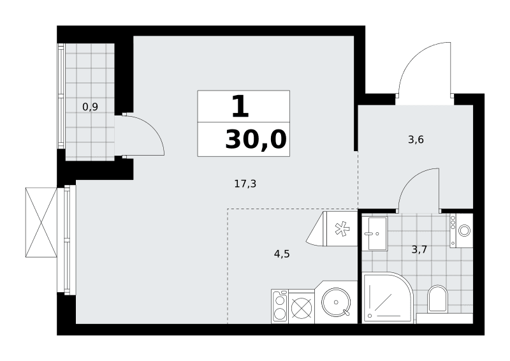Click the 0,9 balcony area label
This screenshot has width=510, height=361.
point(90,107)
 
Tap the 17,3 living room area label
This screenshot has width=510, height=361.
point(245,184)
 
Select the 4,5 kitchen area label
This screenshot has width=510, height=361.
point(282,254)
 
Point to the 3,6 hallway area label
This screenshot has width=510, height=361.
point(416,140)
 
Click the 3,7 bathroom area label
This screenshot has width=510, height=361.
point(419,249)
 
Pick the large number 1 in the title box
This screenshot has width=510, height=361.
point(240,106)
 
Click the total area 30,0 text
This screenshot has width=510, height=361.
point(256,139)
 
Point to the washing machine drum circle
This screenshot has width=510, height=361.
point(464,231)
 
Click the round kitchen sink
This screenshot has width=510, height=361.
point(336,302)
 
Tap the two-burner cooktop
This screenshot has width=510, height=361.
point(280,306)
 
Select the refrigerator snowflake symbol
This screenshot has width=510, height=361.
point(342,228)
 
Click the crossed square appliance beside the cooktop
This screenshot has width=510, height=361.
point(302,307)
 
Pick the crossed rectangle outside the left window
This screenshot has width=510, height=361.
point(41,223)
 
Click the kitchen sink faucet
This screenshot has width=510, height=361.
point(346,313)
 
